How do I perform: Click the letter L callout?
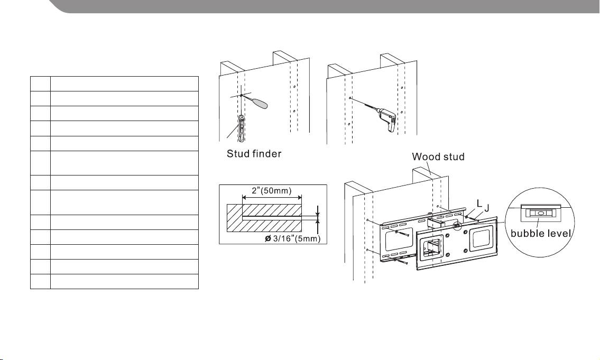tap(479, 204)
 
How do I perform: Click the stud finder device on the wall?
tap(242, 128)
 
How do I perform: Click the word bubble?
tap(527, 234)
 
